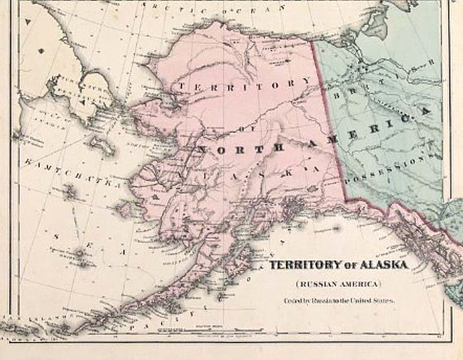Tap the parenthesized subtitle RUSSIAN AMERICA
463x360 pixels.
(338, 284)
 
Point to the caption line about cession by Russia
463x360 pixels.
(338, 301)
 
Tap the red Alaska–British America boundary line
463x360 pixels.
(330, 127)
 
